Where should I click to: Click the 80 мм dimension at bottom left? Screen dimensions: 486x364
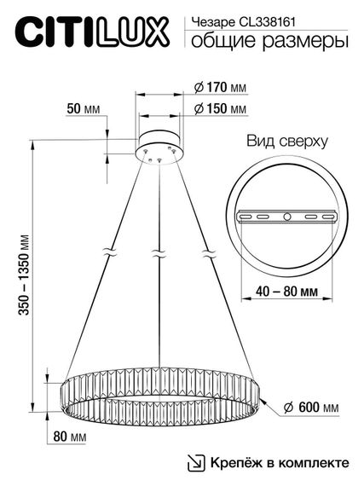tap(82, 438)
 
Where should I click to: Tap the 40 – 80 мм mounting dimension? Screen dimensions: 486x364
tap(280, 291)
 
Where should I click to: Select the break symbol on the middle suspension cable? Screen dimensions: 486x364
tap(158, 253)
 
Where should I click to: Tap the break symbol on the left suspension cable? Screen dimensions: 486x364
tap(109, 253)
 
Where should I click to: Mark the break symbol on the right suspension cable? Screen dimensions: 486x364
tap(206, 253)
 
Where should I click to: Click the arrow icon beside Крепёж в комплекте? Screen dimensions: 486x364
tap(197, 463)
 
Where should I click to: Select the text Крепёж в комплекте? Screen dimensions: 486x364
tap(280, 463)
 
